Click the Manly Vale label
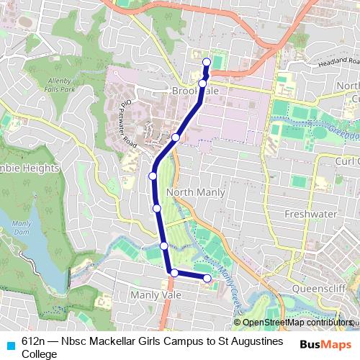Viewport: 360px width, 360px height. [153, 294]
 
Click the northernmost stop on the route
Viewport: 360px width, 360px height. [207, 62]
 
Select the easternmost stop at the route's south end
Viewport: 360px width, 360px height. [207, 278]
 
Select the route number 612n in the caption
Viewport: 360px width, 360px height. [34, 341]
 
